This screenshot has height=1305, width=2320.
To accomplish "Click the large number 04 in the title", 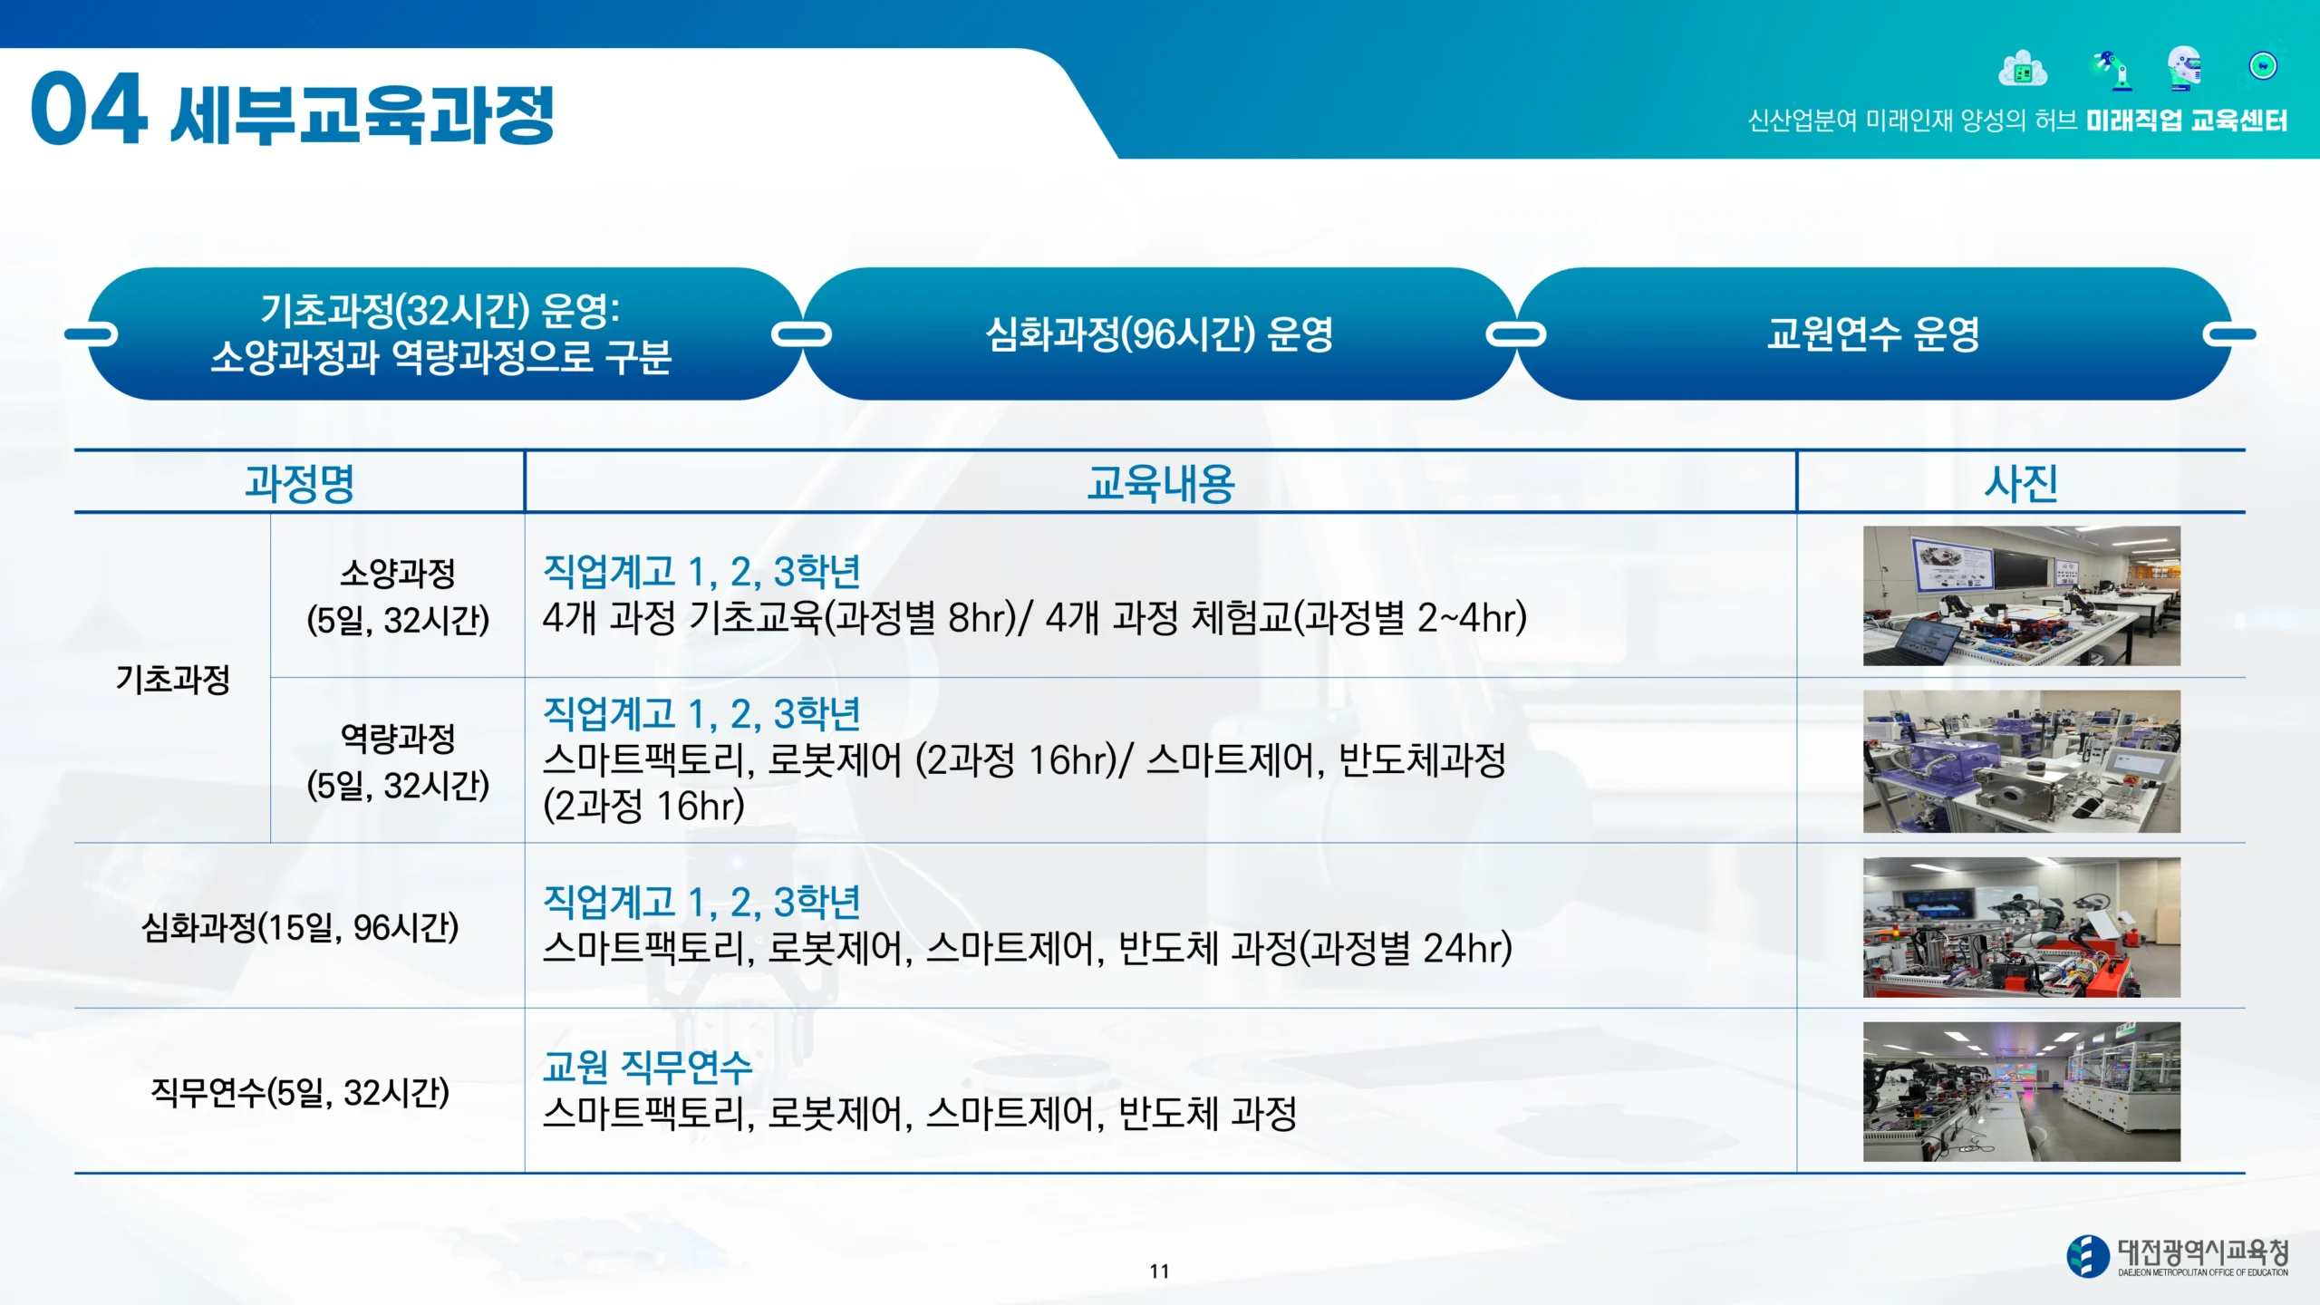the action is (x=89, y=109).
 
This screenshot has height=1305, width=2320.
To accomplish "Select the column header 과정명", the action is (x=299, y=482).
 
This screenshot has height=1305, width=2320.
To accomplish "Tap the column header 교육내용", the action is (x=1161, y=482).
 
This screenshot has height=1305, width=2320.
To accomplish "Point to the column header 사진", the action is (x=2020, y=482).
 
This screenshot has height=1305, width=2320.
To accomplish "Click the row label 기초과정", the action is (x=173, y=679).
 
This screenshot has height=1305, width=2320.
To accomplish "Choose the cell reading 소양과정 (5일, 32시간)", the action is (x=398, y=596).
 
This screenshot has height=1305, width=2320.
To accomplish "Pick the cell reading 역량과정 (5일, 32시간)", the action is (x=398, y=761).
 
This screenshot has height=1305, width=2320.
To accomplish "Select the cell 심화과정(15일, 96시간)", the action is (x=300, y=926).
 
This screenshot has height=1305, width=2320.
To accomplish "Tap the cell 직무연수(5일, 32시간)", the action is (x=300, y=1091).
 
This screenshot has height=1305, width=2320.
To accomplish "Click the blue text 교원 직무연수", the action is (x=647, y=1067).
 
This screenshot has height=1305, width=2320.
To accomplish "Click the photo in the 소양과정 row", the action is (x=2021, y=595).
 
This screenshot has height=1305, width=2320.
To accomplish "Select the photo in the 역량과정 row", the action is (x=2021, y=761).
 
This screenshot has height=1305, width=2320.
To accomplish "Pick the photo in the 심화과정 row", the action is (x=2021, y=927).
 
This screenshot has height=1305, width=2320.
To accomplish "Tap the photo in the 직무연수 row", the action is (x=2021, y=1091).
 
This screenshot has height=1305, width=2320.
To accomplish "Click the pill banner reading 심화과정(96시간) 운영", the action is (x=1159, y=333).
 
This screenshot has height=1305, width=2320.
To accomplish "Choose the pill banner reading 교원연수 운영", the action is (x=1873, y=333).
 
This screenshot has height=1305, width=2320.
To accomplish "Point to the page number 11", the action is (x=1159, y=1271).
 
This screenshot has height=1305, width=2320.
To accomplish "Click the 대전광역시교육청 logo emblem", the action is (x=2088, y=1256).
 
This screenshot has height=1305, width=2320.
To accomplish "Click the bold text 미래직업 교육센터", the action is (x=2187, y=121).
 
